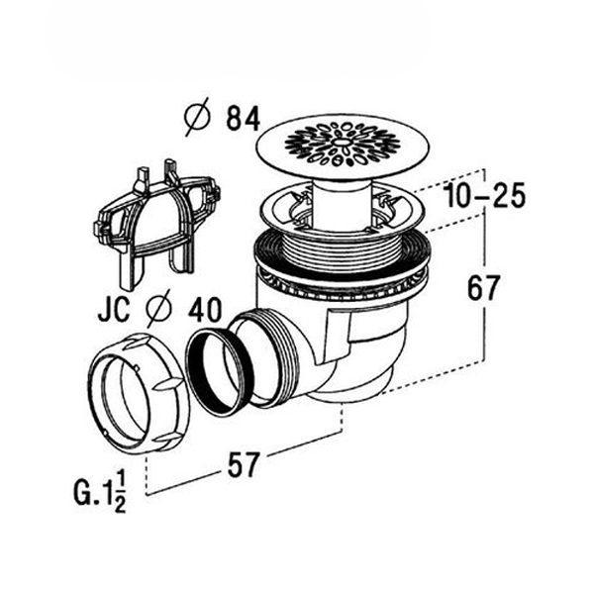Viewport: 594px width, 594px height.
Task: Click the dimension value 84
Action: [x=241, y=120]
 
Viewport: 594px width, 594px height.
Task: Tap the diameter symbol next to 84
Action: [x=198, y=120]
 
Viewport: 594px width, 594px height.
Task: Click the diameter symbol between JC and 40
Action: [x=157, y=310]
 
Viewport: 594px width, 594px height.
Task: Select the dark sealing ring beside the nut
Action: [x=220, y=369]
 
